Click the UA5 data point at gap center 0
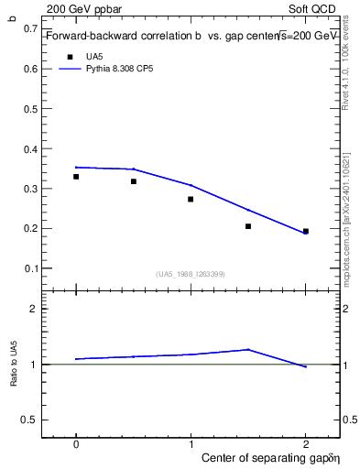[x=76, y=177]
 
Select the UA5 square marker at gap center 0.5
[x=134, y=181]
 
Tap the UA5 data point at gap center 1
[x=191, y=199]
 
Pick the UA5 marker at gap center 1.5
[x=248, y=226]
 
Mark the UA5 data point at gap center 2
[x=306, y=232]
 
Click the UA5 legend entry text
[x=94, y=57]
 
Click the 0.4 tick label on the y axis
[x=33, y=148]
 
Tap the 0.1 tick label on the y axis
[x=33, y=268]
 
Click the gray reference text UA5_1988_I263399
[x=191, y=274]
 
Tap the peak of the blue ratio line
[x=248, y=349]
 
